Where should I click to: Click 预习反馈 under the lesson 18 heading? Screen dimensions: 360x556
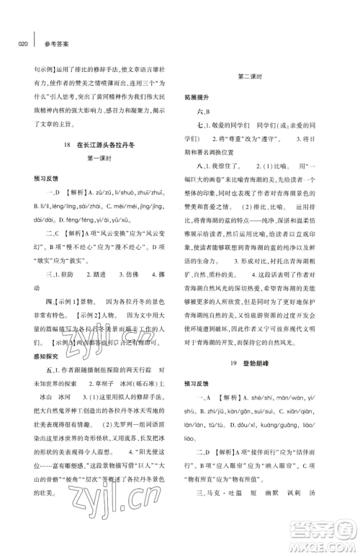[40, 197]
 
